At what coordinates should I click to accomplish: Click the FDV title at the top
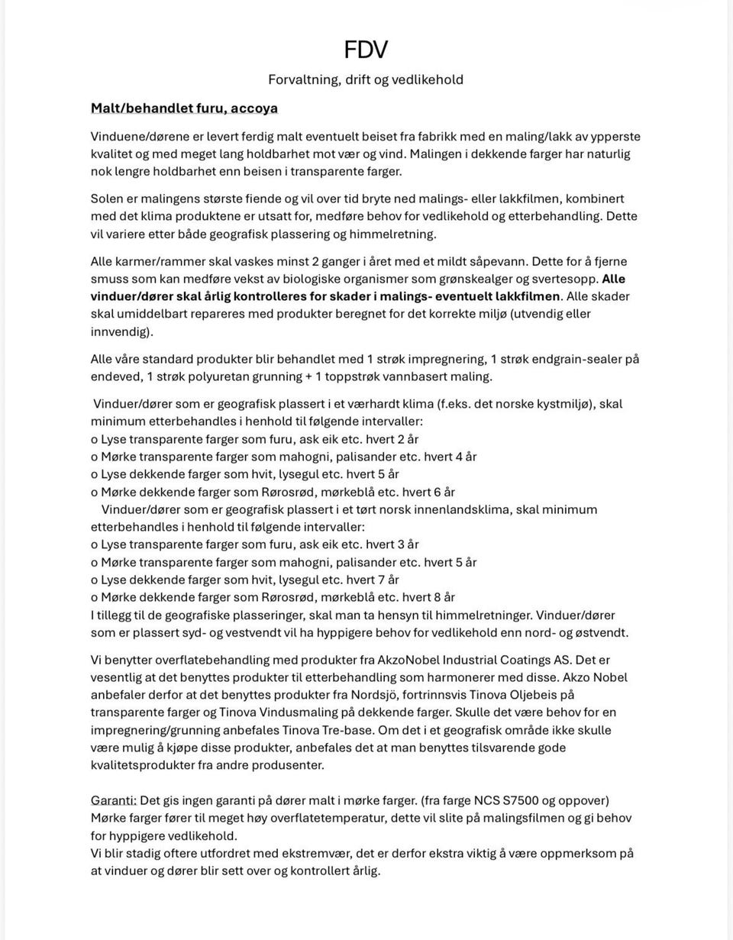(366, 50)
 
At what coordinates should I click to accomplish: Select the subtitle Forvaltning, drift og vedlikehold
(366, 79)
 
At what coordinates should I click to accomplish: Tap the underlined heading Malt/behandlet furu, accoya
(184, 108)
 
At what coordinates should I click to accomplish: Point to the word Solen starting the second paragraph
(107, 199)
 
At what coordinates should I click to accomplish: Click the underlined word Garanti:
(114, 800)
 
